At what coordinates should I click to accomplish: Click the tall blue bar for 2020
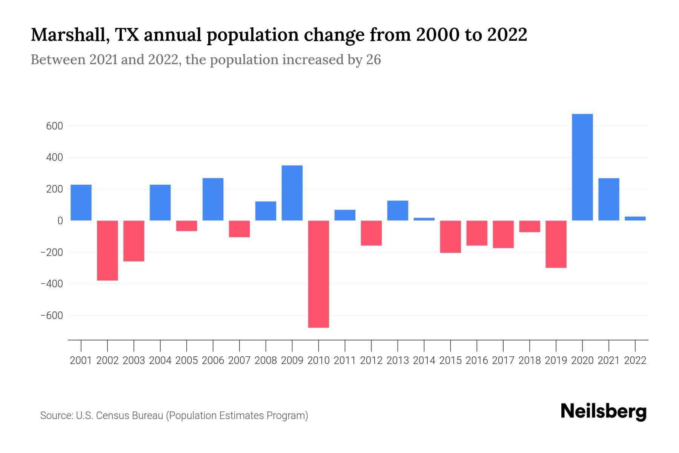point(582,167)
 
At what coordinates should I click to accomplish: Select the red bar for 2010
point(318,274)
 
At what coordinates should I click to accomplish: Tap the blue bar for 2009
point(292,193)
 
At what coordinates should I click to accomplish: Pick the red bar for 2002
point(108,250)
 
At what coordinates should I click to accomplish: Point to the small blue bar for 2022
point(635,218)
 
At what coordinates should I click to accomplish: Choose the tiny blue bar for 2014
point(424,219)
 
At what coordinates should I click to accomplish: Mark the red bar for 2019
point(556,244)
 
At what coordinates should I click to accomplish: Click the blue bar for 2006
point(213,199)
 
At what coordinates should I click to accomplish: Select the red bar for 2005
point(186,226)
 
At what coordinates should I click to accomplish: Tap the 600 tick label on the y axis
point(54,126)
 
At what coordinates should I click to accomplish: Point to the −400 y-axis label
point(51,284)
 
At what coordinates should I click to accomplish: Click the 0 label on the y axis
point(60,221)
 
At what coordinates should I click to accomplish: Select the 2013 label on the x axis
point(398,361)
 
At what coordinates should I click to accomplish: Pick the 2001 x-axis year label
point(81,361)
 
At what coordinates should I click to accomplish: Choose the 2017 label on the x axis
point(503,361)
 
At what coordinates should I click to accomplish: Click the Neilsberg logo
point(604,412)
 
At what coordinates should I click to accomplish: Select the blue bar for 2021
point(608,199)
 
